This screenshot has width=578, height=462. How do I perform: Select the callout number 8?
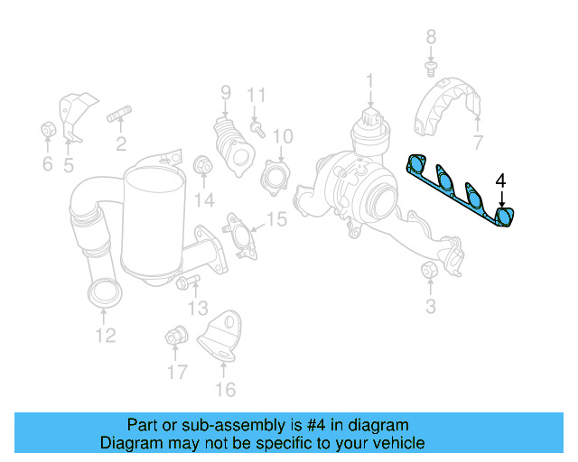431,36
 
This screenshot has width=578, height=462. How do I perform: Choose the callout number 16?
225,389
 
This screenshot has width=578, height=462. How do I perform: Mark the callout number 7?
478,141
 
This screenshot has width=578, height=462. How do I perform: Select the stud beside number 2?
120,115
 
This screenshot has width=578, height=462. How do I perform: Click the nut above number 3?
430,270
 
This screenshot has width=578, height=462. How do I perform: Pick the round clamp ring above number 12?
104,294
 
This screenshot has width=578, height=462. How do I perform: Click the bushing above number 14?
204,165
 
